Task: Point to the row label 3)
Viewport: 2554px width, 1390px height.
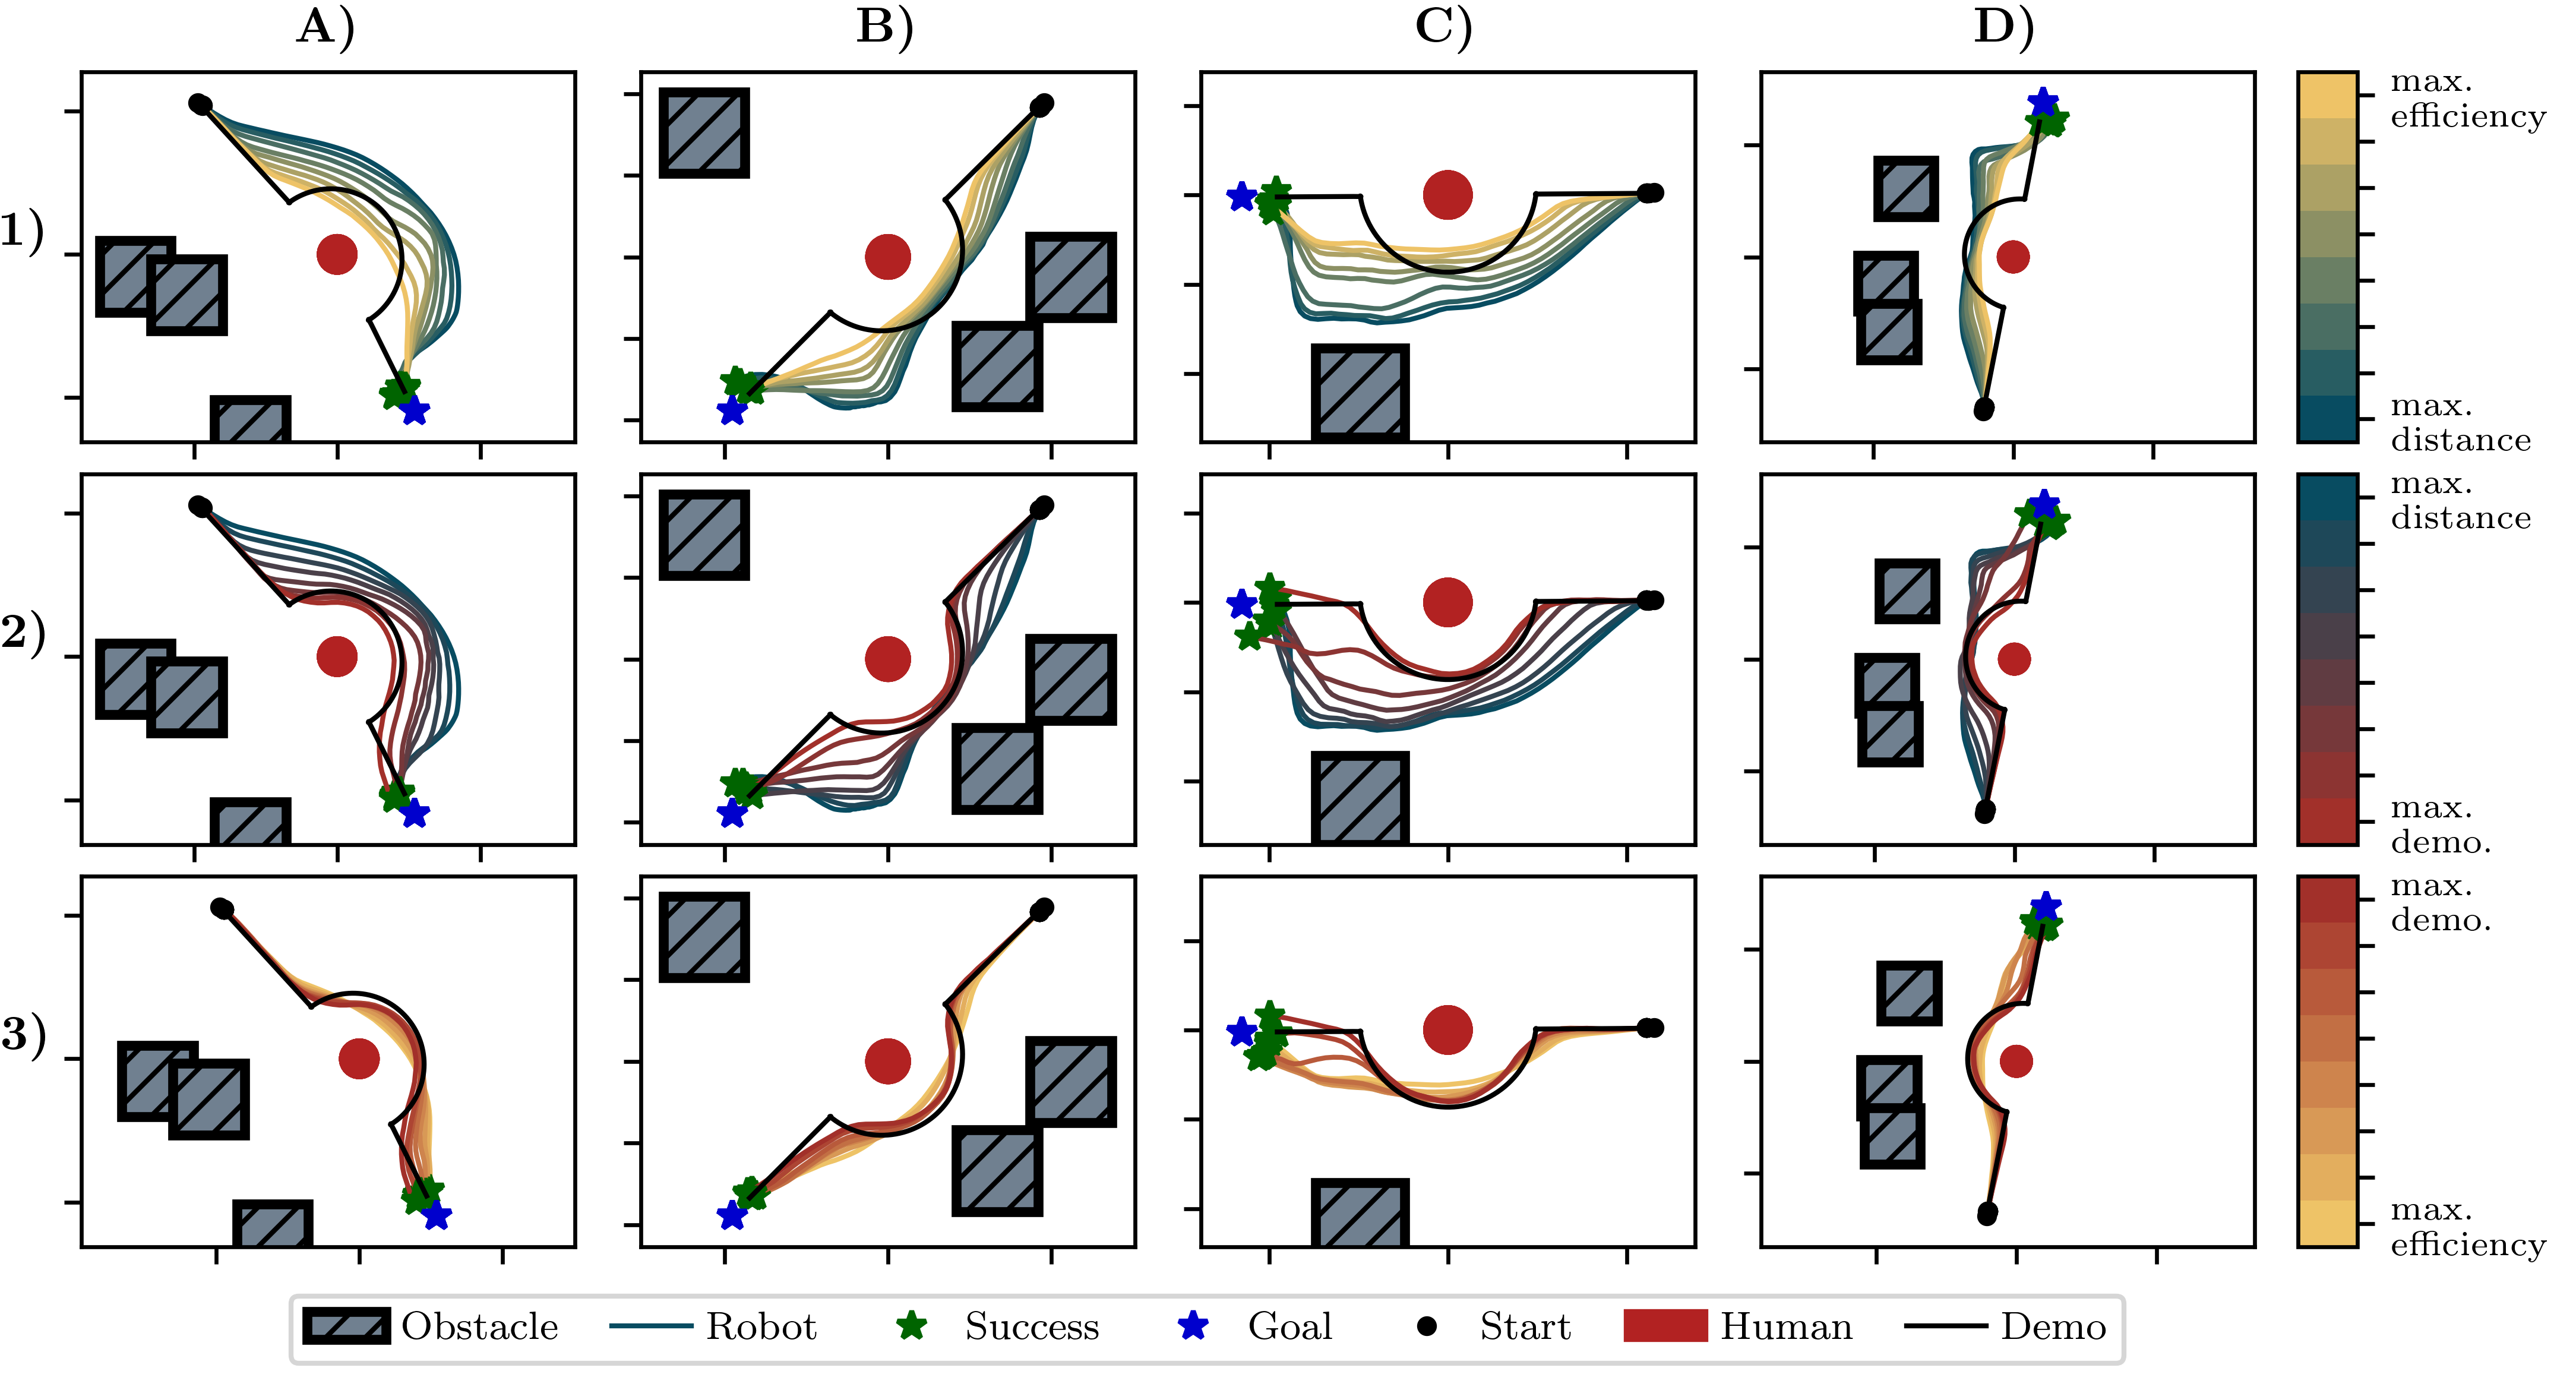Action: (23, 1034)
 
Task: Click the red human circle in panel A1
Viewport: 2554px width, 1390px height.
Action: (337, 255)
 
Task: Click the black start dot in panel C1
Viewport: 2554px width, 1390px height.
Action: (1649, 193)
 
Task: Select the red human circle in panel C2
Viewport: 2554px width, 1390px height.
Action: (1447, 602)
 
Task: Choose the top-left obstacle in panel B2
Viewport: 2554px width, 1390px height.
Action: (704, 535)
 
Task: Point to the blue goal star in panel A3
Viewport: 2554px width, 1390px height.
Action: (436, 1215)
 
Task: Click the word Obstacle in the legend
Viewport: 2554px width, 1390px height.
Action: (480, 1326)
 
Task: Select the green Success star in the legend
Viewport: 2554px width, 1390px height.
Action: (911, 1326)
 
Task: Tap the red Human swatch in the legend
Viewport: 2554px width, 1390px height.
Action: (1665, 1326)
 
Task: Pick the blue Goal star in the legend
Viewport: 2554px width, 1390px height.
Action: (1194, 1326)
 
